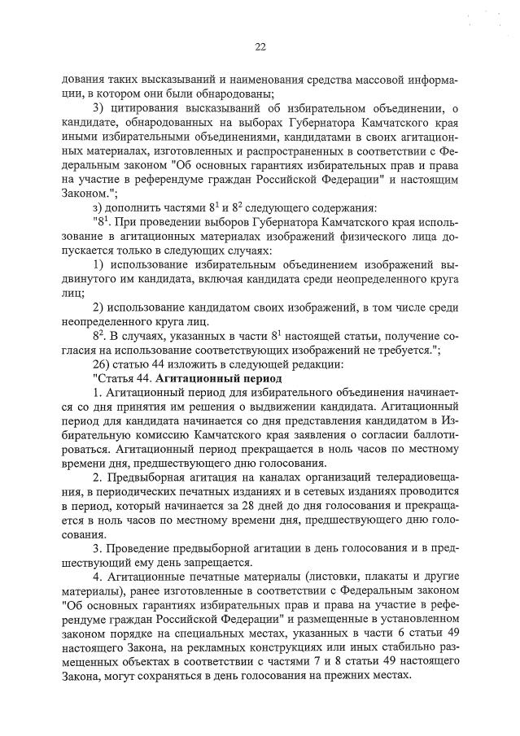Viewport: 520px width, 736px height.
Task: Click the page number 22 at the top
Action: tap(260, 47)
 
